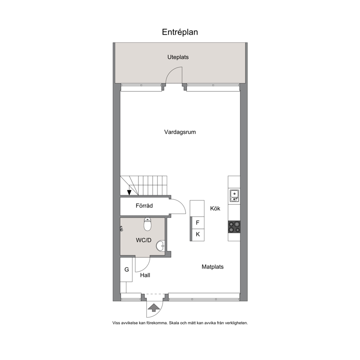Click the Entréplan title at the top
coord(180,32)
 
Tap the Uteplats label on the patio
coord(178,57)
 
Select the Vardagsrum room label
coord(180,132)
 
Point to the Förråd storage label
coord(144,206)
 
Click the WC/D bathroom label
coord(144,240)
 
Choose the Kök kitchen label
coord(215,208)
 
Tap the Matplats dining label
coord(213,267)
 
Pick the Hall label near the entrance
coord(145,275)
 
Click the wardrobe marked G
coord(126,270)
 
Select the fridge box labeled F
coord(197,223)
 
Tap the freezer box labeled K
coord(197,235)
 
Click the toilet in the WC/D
coord(147,224)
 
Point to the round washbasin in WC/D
coord(160,246)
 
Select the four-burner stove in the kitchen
coord(234,227)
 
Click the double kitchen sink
coord(234,196)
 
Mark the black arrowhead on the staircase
coord(129,192)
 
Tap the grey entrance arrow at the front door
coord(154,308)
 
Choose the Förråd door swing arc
coord(181,203)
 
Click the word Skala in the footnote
coord(175,323)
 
